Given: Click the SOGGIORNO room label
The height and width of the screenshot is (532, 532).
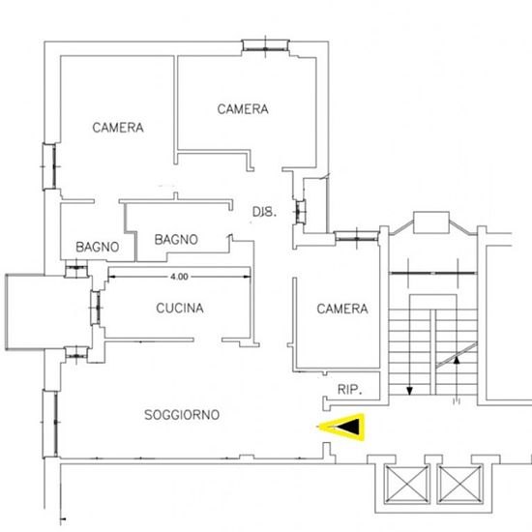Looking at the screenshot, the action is (182, 415).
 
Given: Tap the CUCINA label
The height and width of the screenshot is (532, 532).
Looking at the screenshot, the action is (180, 308).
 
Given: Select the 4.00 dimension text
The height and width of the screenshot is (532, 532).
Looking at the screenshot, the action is (179, 277).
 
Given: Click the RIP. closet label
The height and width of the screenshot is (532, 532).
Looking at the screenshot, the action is (350, 390).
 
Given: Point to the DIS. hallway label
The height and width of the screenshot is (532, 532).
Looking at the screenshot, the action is (265, 212).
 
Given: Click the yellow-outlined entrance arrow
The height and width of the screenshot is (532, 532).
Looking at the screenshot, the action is (341, 428).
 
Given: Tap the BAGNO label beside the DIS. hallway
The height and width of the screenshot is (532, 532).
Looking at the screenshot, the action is (176, 240).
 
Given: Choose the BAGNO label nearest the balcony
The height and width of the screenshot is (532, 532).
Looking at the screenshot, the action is (98, 247).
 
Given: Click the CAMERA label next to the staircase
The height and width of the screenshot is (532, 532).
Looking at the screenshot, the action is (342, 309).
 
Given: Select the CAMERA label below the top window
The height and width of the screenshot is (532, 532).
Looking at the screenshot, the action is (243, 109).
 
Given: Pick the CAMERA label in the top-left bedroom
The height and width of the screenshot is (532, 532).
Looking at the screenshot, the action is (118, 128).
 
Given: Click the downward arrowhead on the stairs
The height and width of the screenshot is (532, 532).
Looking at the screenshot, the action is (409, 391).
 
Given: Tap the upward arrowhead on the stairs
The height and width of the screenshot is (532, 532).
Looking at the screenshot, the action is (457, 360).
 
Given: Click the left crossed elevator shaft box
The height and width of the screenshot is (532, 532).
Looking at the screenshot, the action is (406, 485).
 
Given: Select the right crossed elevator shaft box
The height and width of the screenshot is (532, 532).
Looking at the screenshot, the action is (459, 485).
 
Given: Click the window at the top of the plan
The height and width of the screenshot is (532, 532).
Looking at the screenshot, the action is (265, 45).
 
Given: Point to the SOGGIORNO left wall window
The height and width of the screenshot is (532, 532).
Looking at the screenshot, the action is (50, 424).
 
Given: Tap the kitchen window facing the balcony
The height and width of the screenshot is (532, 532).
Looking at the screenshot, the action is (96, 308).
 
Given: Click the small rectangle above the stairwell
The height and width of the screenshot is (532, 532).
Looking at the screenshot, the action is (431, 222).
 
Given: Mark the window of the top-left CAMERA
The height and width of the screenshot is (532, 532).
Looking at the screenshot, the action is (49, 166).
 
